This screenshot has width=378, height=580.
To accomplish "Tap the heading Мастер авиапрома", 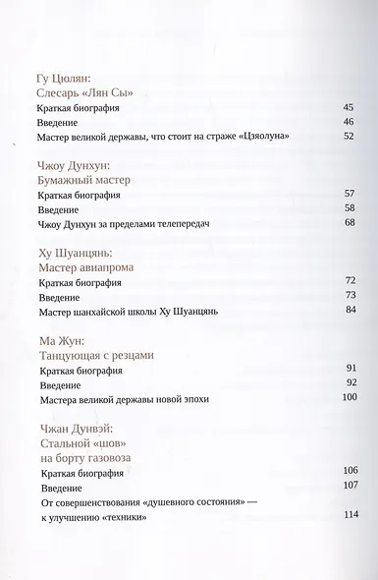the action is click(x=85, y=267).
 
